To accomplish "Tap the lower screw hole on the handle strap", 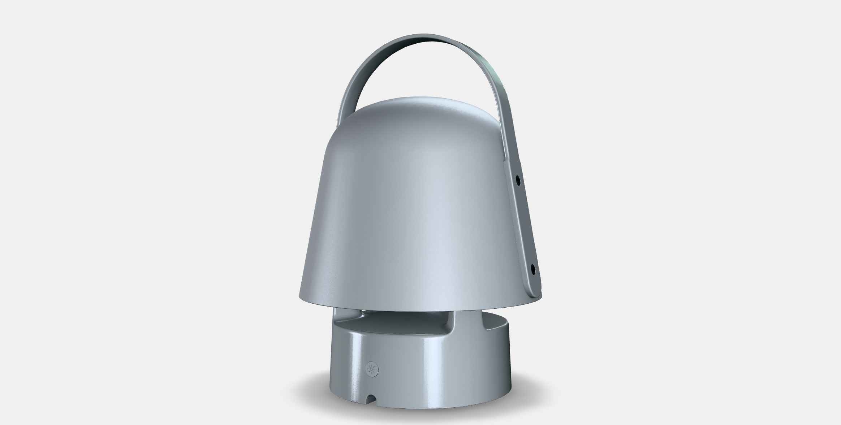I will (x=533, y=269).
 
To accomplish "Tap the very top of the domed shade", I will (x=415, y=98).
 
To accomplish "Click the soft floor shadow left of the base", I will (x=311, y=390).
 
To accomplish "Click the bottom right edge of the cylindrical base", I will (x=506, y=394).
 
